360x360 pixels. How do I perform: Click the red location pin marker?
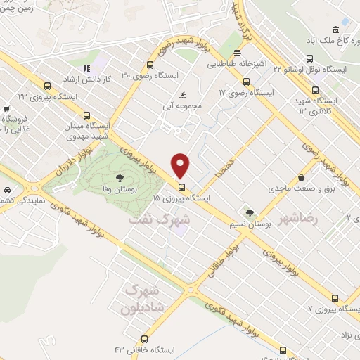pos(181,165)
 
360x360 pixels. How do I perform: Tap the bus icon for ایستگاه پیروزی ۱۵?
pos(182,187)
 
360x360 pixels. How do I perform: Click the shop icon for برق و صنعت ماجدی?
pos(302,177)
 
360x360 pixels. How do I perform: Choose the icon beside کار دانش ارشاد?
pos(87,68)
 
